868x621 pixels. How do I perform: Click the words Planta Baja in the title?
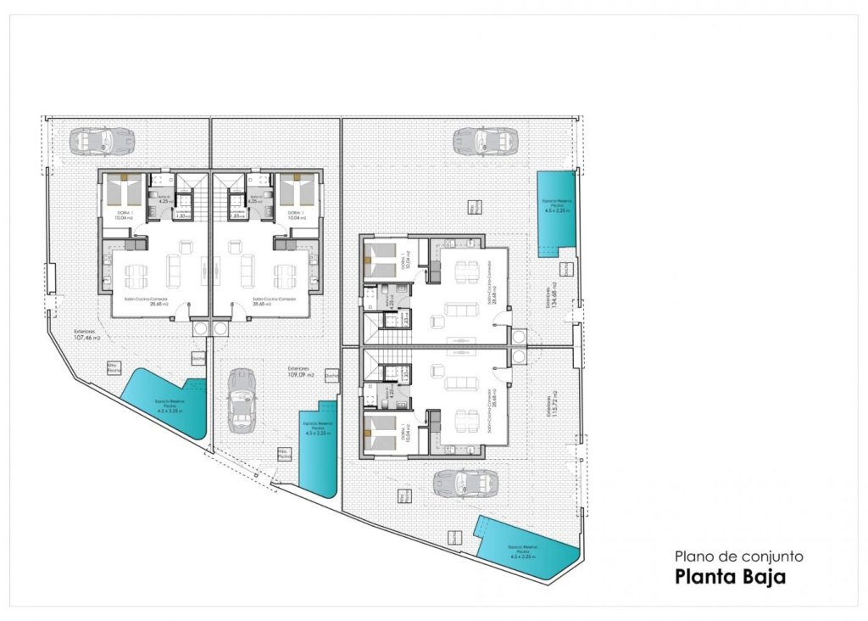coord(730,578)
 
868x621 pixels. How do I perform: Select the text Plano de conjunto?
coord(737,557)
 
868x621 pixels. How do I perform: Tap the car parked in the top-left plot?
coord(102,140)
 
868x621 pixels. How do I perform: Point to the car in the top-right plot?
coord(485,140)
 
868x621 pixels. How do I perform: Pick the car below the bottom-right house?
coord(459,484)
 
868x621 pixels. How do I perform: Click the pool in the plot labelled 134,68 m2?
coord(557,212)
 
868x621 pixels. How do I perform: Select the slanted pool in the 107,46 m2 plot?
coord(167,406)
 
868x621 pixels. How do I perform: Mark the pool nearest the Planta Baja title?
coord(526,547)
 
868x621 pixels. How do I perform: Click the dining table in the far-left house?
coord(136,273)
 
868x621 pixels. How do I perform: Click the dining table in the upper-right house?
coord(465,272)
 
